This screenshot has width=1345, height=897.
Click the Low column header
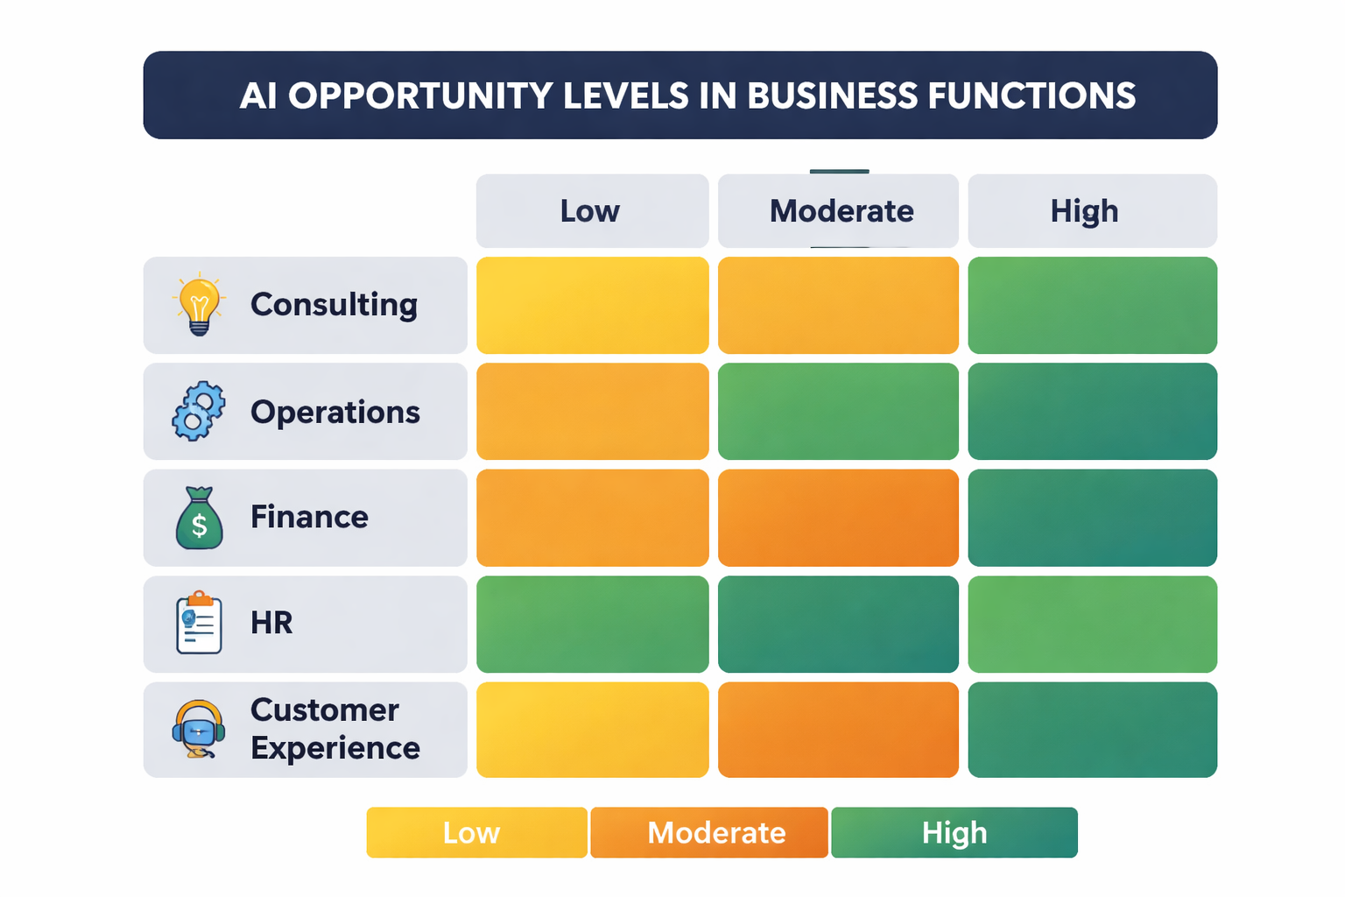pos(592,211)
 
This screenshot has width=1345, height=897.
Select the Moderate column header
pos(838,211)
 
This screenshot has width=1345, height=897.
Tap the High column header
pos(1092,211)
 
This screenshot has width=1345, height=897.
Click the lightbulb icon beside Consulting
pos(200,304)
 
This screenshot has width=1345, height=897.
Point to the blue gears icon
pos(199,411)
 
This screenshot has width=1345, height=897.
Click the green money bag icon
pos(200,519)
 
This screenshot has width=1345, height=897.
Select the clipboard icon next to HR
pos(200,623)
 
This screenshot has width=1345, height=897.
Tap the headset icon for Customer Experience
pos(199,729)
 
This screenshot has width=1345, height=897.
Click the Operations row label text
pos(335,412)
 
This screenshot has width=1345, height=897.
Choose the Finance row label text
pos(309,517)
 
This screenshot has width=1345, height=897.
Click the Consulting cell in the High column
pos(1092,305)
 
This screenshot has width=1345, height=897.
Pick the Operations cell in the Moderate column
pos(838,411)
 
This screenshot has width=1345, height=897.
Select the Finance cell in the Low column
pos(592,518)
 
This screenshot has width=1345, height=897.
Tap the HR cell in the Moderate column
pos(838,624)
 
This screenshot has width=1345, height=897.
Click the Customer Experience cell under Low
pos(592,730)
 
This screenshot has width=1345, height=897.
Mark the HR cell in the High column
pos(1092,624)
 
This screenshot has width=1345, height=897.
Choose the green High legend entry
pos(954,832)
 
